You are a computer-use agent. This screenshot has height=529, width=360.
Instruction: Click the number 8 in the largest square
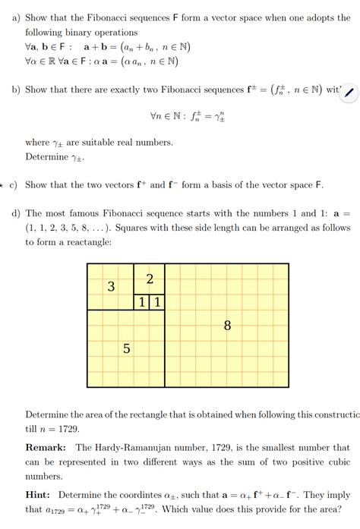227,326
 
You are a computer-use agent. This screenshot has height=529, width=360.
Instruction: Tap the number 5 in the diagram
126,349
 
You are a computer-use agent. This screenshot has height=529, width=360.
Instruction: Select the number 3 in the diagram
111,287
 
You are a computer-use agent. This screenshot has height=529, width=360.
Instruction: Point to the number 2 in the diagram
150,279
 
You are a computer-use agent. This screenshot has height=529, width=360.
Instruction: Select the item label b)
15,90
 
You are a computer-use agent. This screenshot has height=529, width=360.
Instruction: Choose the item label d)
15,213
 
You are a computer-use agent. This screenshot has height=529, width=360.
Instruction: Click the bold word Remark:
46,448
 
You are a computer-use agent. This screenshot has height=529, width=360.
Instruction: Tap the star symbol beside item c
2,185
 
